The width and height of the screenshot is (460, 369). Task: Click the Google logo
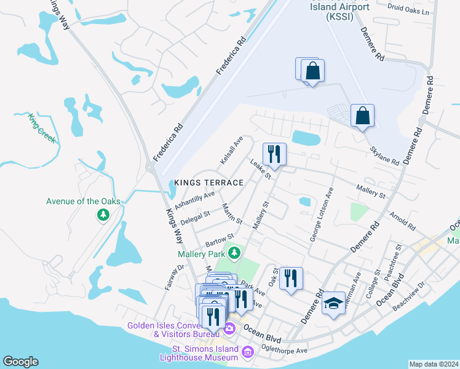pyautogui.click(x=20, y=362)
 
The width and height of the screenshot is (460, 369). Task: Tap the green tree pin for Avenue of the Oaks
pyautogui.click(x=103, y=215)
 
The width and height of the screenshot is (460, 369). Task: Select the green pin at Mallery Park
pyautogui.click(x=234, y=252)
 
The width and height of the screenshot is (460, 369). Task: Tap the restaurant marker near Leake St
pyautogui.click(x=274, y=154)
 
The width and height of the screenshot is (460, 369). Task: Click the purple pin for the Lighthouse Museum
pyautogui.click(x=248, y=352)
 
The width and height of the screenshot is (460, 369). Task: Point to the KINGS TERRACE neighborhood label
pyautogui.click(x=208, y=183)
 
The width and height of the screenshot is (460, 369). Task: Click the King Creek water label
pyautogui.click(x=42, y=127)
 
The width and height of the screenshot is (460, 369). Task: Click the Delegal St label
pyautogui.click(x=195, y=215)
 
